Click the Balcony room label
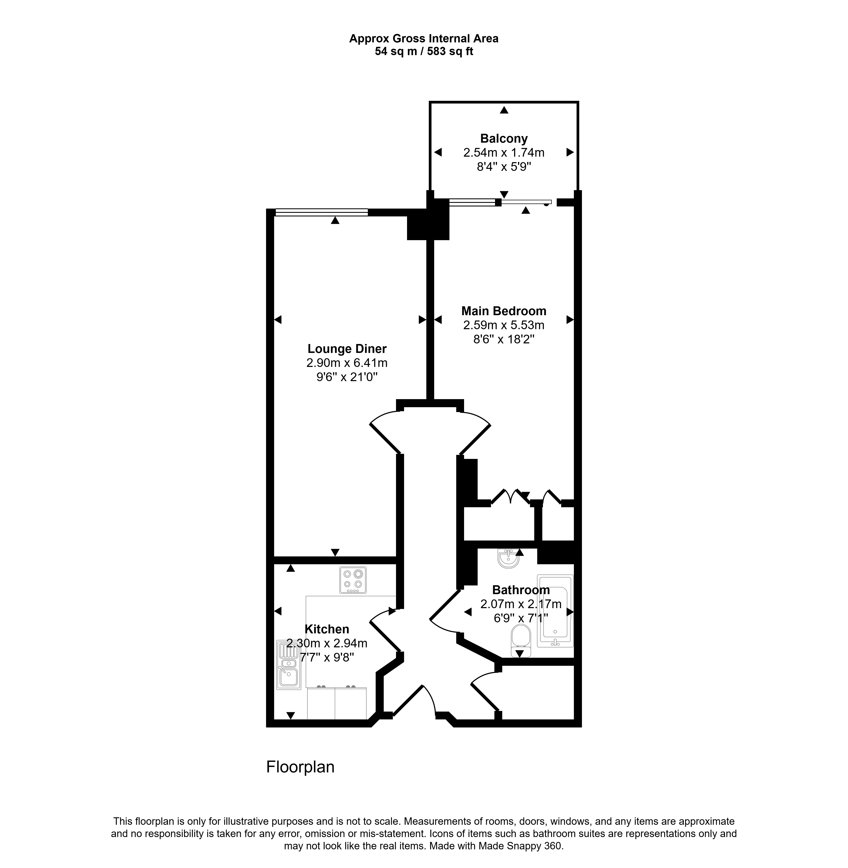click(x=504, y=138)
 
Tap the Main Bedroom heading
click(x=504, y=311)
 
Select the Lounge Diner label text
click(x=347, y=349)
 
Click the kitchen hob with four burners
click(x=353, y=580)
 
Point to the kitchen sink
click(x=288, y=665)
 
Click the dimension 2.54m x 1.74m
click(x=504, y=153)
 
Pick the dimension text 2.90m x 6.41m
click(x=347, y=363)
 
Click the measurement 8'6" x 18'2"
click(x=504, y=339)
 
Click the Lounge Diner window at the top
click(x=322, y=212)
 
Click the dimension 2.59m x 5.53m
click(x=504, y=325)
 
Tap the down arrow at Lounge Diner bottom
click(x=335, y=552)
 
